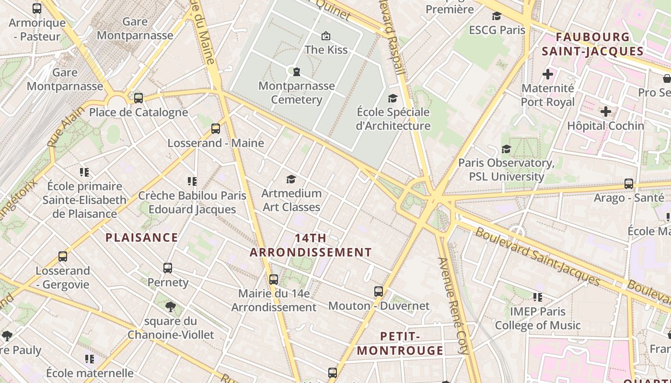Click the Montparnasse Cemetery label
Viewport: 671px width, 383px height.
[297, 93]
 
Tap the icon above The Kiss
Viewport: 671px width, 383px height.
[326, 35]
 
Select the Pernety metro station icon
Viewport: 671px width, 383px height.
[168, 268]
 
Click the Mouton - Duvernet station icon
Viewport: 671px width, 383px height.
[379, 291]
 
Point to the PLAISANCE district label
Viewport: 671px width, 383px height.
[142, 237]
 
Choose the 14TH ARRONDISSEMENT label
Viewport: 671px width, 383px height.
[311, 245]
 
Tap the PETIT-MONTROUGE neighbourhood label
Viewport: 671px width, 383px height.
[400, 343]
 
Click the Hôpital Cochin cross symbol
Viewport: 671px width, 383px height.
[606, 112]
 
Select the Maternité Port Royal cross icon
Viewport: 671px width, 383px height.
[548, 74]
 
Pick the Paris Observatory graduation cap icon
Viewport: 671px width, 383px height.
[506, 149]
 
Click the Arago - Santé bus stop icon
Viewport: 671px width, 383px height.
[629, 184]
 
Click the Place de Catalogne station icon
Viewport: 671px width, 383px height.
[139, 98]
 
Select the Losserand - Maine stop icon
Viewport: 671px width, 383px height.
[216, 129]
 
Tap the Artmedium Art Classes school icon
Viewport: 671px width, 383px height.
[291, 179]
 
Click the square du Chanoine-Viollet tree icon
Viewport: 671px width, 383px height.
[170, 306]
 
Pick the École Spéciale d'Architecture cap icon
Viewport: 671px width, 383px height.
[393, 98]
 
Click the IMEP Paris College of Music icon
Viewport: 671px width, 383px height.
[538, 297]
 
